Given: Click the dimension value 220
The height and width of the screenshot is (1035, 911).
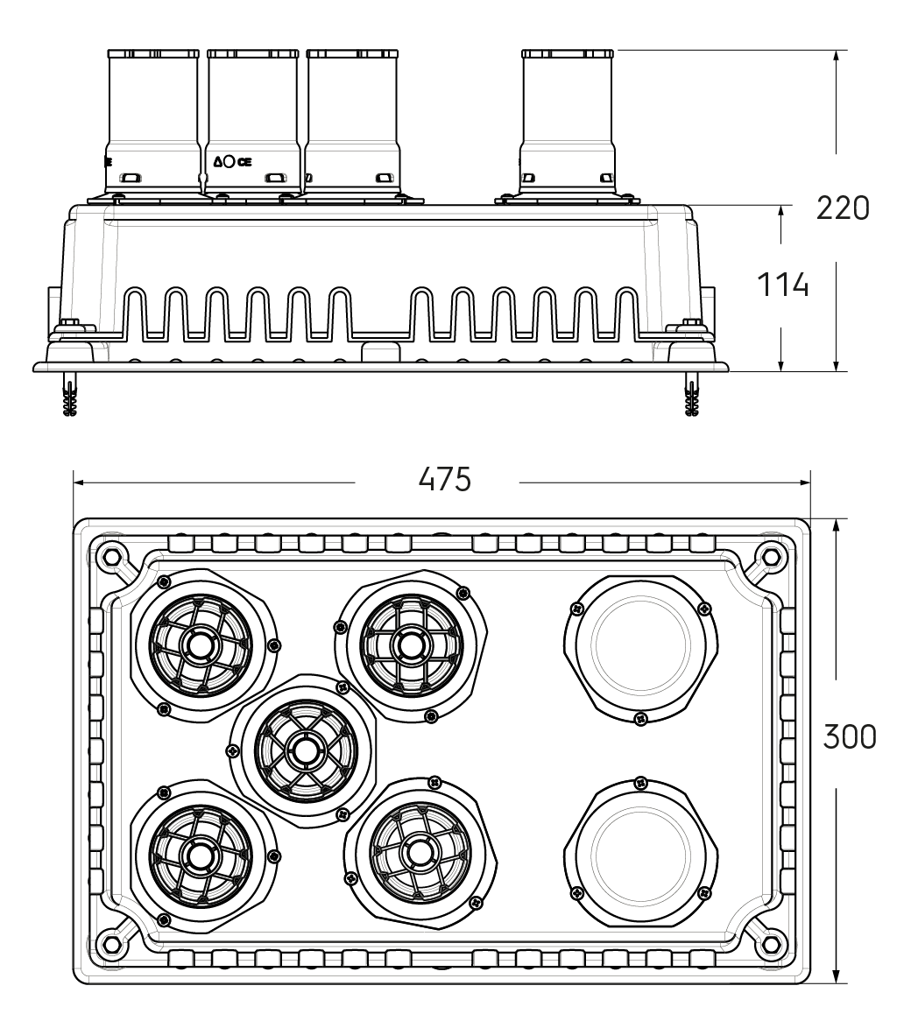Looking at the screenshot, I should point(843,208).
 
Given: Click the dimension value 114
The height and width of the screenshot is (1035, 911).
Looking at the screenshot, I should point(782,285).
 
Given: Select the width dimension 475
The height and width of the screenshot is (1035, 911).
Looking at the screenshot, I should point(445,480).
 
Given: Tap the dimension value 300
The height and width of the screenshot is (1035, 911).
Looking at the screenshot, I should point(849,737).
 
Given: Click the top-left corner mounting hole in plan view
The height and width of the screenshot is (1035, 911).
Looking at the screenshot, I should point(111,555).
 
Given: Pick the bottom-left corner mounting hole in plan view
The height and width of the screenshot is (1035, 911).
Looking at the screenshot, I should point(111,944).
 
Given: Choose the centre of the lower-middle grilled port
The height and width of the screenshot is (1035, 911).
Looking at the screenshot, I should point(419,850).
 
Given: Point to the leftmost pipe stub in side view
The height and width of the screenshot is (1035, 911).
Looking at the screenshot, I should point(153,123).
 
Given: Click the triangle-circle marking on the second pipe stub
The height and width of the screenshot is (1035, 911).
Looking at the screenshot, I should point(226,161).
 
